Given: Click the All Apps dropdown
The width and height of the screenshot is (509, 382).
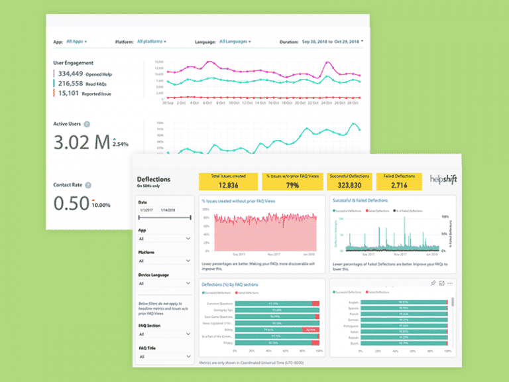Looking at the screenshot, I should coord(77,41).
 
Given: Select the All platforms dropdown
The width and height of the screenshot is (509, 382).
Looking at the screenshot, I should coord(151,41).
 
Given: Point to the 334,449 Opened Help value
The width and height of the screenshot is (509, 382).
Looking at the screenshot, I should coord(70,74).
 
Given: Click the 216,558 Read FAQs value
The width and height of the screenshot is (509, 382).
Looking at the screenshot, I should coord(70,84).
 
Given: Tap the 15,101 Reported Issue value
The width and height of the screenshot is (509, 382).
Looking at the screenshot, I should coord(69,94).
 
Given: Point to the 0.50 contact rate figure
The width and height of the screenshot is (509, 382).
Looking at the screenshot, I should coord(70,204).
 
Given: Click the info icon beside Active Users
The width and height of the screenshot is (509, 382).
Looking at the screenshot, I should coord(87,124).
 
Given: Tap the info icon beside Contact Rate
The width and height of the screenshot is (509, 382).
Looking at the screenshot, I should coord(88,185).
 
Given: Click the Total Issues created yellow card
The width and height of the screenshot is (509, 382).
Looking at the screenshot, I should coord(228,180).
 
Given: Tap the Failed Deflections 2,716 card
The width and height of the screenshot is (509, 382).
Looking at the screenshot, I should coord(400,180).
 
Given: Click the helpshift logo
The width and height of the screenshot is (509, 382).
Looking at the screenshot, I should coord(442,180).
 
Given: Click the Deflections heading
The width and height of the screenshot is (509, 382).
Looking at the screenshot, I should coord(153,179).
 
